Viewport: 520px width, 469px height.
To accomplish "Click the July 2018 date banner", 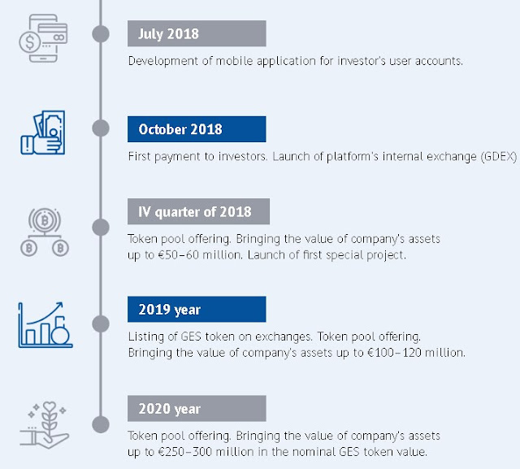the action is (197, 33).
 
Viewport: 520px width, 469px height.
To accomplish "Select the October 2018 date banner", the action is (197, 129).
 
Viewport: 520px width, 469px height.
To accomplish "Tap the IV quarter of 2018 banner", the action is (198, 211).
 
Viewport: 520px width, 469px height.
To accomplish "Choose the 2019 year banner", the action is (197, 309).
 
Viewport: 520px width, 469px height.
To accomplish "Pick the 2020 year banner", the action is (197, 408).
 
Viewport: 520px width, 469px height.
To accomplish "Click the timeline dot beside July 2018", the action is (101, 34).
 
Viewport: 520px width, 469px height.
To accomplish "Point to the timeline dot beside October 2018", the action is (101, 128).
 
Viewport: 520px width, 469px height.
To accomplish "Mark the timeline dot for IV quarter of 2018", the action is (101, 228).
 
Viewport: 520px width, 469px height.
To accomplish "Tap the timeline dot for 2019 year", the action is (101, 324).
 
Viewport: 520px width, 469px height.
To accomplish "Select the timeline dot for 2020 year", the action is (101, 424).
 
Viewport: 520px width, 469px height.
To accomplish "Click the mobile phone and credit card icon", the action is (43, 38).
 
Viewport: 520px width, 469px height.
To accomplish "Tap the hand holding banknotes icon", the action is (43, 132).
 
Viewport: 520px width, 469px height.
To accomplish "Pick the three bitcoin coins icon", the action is (45, 232).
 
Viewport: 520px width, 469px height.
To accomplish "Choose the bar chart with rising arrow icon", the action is (45, 324).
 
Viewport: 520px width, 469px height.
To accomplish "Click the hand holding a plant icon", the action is (45, 425).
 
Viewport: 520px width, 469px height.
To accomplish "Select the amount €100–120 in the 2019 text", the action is (394, 353).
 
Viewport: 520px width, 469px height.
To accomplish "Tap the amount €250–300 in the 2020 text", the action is (184, 452).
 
